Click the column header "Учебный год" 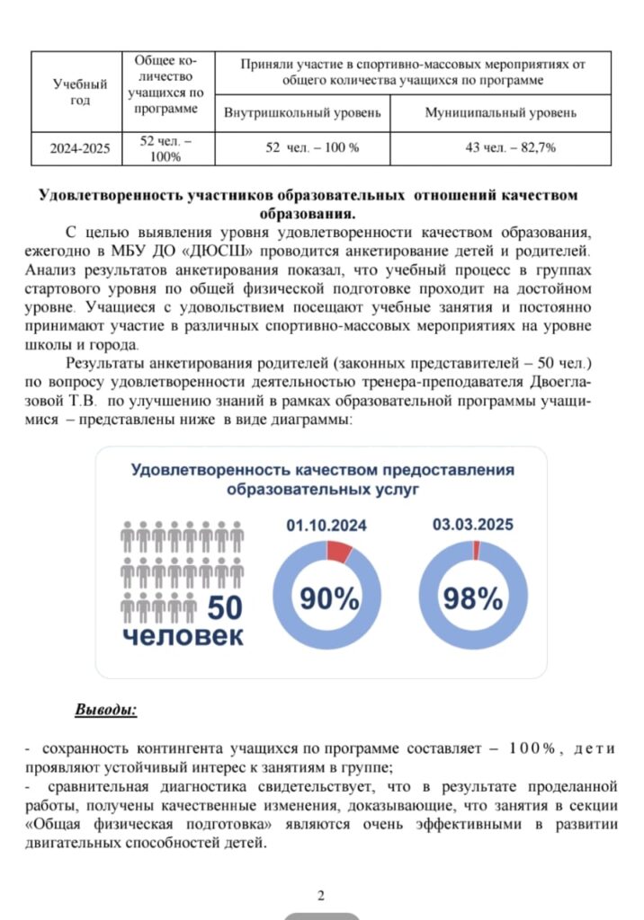point(80,92)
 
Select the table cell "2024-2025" point(80,147)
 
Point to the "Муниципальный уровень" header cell point(501,113)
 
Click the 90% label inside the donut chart point(329,597)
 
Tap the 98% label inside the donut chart point(472,597)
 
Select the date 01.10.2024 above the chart point(326,526)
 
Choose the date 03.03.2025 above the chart point(473,526)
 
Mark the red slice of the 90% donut point(339,552)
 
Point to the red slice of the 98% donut point(477,550)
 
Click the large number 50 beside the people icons point(225,608)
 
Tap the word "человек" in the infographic point(183,636)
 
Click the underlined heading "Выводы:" point(105,710)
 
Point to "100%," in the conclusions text point(536,747)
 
